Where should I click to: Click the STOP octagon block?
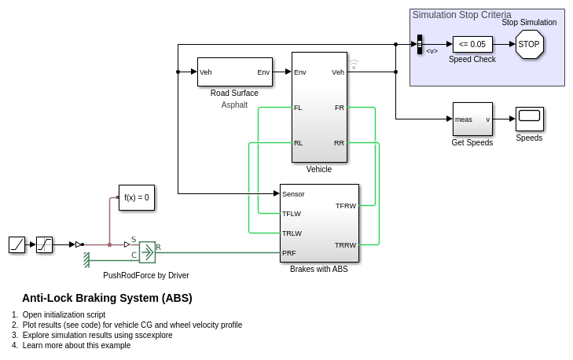coord(529,45)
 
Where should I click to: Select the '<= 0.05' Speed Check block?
coord(472,44)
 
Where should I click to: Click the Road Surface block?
coord(234,72)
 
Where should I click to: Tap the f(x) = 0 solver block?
coord(137,198)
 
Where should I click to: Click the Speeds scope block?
coord(529,119)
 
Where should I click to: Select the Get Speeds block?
coord(472,119)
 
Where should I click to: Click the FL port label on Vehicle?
coord(298,108)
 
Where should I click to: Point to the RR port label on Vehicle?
coord(339,143)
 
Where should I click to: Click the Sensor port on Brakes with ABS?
coord(293,193)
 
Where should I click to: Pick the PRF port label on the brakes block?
coord(289,253)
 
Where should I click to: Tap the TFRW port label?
coord(346,206)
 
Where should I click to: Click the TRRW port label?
coord(346,245)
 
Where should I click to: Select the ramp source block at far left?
coord(17,244)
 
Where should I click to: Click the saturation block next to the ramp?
coord(45,244)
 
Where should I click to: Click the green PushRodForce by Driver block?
coord(147,252)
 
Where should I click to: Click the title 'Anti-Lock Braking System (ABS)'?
coord(107,298)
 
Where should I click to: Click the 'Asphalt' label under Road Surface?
coord(234,105)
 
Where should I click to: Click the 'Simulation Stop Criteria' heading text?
coord(461,15)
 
